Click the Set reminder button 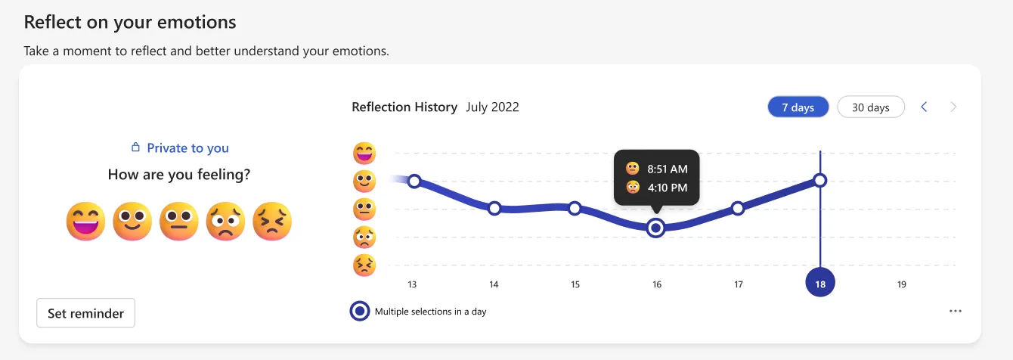point(85,313)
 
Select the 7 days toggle point(798,107)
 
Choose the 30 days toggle point(870,107)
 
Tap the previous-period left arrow point(924,107)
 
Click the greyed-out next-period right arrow point(953,107)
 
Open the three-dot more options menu point(956,311)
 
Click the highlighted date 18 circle point(820,284)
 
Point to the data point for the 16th point(657,228)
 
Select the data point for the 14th point(494,208)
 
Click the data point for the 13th point(414,181)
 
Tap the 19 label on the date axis point(901,284)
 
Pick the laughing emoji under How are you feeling point(85,222)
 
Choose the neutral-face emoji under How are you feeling point(178,222)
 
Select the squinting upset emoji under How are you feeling point(271,222)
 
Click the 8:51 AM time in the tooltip point(667,169)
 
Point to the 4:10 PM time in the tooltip point(667,188)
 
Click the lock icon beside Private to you point(136,148)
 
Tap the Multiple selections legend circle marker point(361,311)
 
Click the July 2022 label point(492,107)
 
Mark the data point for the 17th point(738,208)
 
